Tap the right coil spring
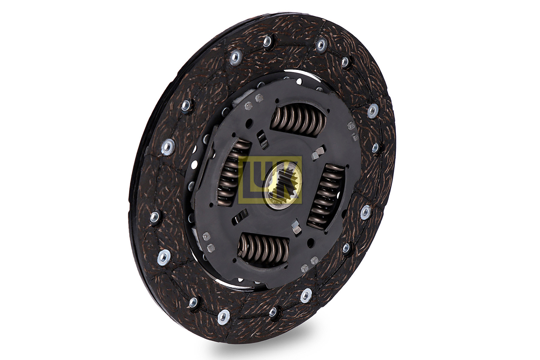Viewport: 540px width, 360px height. (x=325, y=196)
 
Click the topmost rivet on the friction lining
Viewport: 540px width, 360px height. (x=267, y=41)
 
